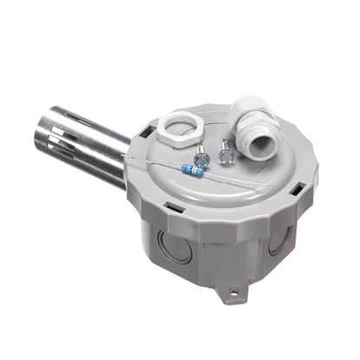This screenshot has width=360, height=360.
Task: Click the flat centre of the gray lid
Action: (x=234, y=182)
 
